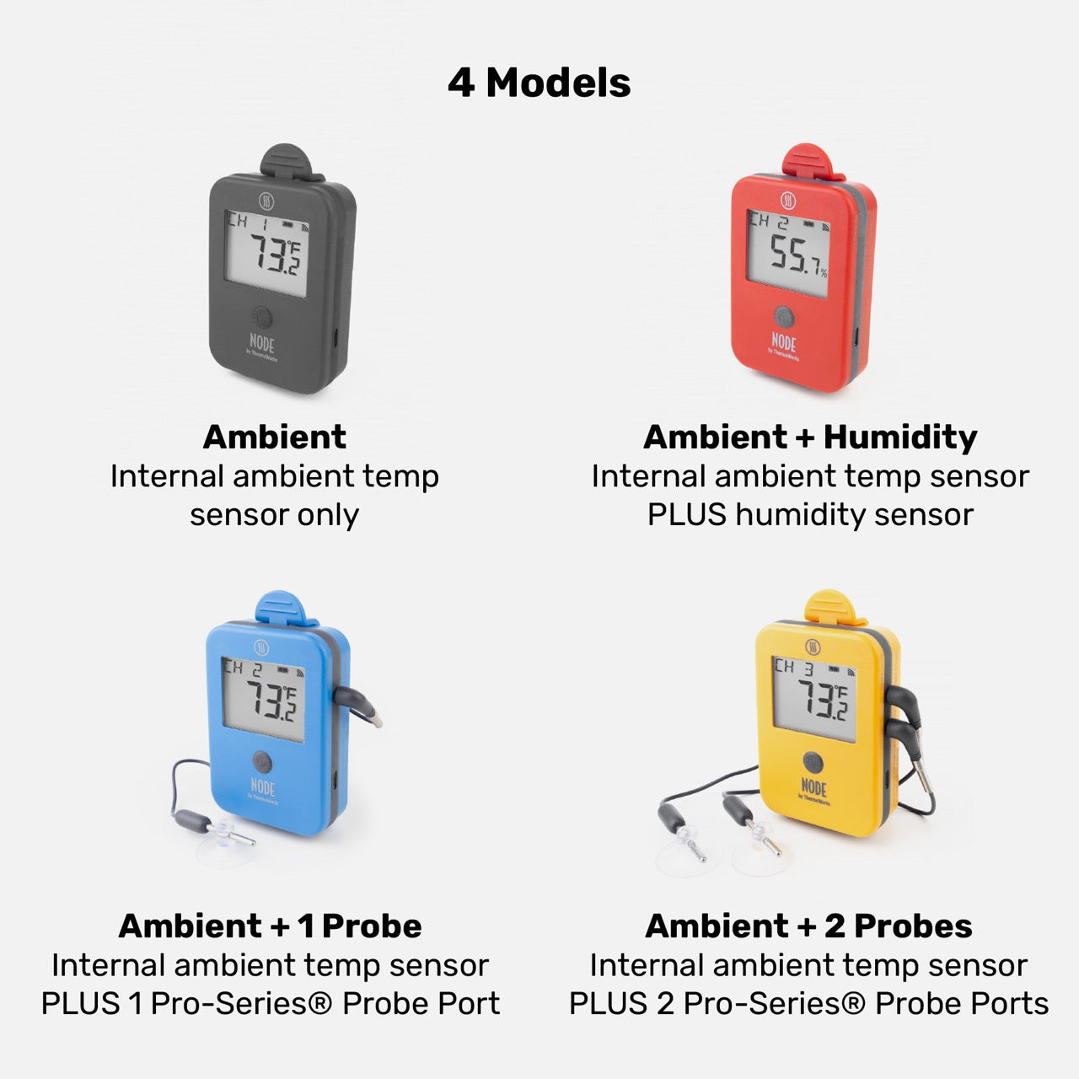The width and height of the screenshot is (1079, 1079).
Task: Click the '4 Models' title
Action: (x=539, y=83)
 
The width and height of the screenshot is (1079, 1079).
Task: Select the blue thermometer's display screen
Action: (x=263, y=699)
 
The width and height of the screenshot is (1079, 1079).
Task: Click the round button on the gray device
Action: (x=262, y=317)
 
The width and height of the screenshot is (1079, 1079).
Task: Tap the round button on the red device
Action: (x=784, y=317)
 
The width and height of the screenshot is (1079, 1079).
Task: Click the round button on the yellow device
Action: (x=813, y=761)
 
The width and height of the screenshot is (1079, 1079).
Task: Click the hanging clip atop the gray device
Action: (x=290, y=161)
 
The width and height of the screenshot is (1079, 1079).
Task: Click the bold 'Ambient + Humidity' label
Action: (x=809, y=437)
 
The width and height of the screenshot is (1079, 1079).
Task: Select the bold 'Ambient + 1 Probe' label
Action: (x=270, y=926)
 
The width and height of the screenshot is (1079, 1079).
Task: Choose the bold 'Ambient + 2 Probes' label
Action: (x=808, y=926)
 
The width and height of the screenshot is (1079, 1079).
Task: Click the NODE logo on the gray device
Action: (x=262, y=343)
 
